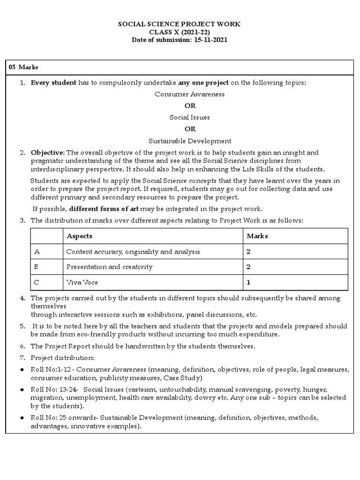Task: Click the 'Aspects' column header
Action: point(79,236)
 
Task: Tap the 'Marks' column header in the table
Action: point(257,236)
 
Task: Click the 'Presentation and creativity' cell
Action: point(109,267)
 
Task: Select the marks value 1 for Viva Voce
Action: point(248,283)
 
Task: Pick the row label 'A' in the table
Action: point(37,252)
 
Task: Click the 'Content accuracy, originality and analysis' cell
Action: point(133,252)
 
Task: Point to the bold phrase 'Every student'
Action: point(53,82)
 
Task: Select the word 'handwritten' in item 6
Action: point(137,346)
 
